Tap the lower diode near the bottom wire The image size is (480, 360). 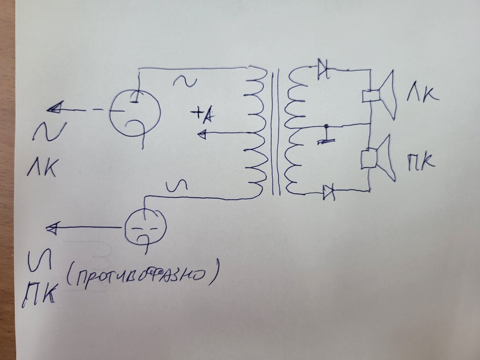[x=328, y=192]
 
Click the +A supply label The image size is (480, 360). [x=204, y=114]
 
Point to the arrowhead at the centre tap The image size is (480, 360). [x=204, y=134]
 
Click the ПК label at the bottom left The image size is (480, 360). [x=39, y=292]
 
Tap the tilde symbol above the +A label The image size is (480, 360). [x=185, y=81]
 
